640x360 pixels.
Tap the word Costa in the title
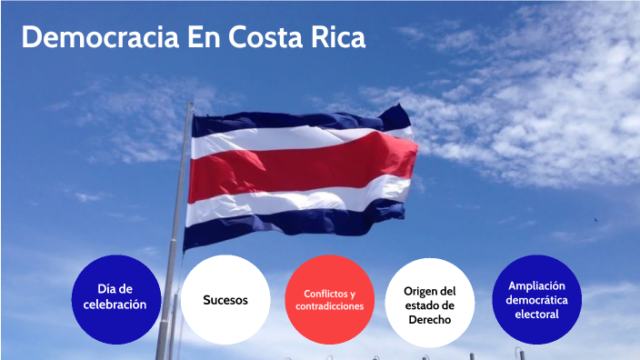coord(263,38)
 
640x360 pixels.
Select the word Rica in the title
coord(335,38)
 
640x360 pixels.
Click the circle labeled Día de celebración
coord(109,298)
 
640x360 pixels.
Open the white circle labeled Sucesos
coord(225,299)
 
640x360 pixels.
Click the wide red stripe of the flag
coord(300,168)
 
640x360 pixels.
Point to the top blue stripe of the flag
coord(300,124)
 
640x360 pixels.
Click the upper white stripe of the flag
coord(300,141)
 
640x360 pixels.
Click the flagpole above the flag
coord(189,111)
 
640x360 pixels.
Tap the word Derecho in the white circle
coord(430,321)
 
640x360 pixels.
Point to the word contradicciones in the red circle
coord(329,307)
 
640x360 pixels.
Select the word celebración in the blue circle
coord(109,305)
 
